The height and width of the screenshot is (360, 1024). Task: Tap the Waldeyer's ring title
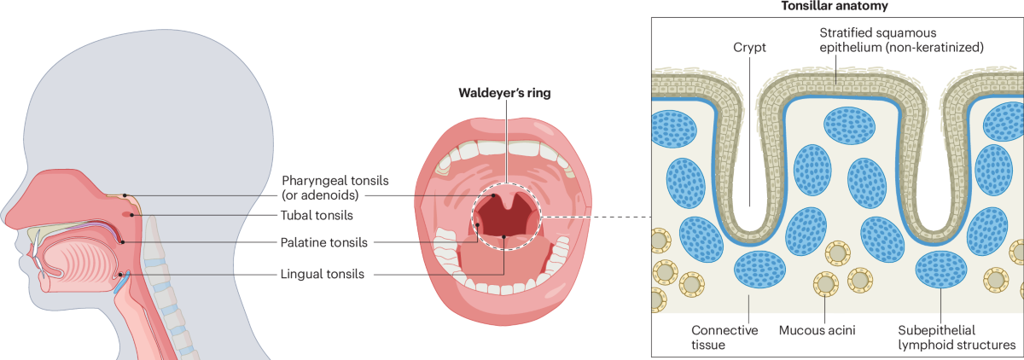503,94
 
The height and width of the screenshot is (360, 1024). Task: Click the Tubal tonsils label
317,215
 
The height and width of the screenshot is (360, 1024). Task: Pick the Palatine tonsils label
324,243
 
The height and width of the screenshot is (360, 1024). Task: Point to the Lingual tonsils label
323,275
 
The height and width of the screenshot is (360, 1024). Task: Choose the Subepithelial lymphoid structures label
957,336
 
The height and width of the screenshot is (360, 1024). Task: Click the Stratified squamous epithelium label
901,40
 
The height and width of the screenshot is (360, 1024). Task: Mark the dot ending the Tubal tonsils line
131,215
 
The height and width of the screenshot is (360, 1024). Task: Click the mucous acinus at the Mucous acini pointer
825,282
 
